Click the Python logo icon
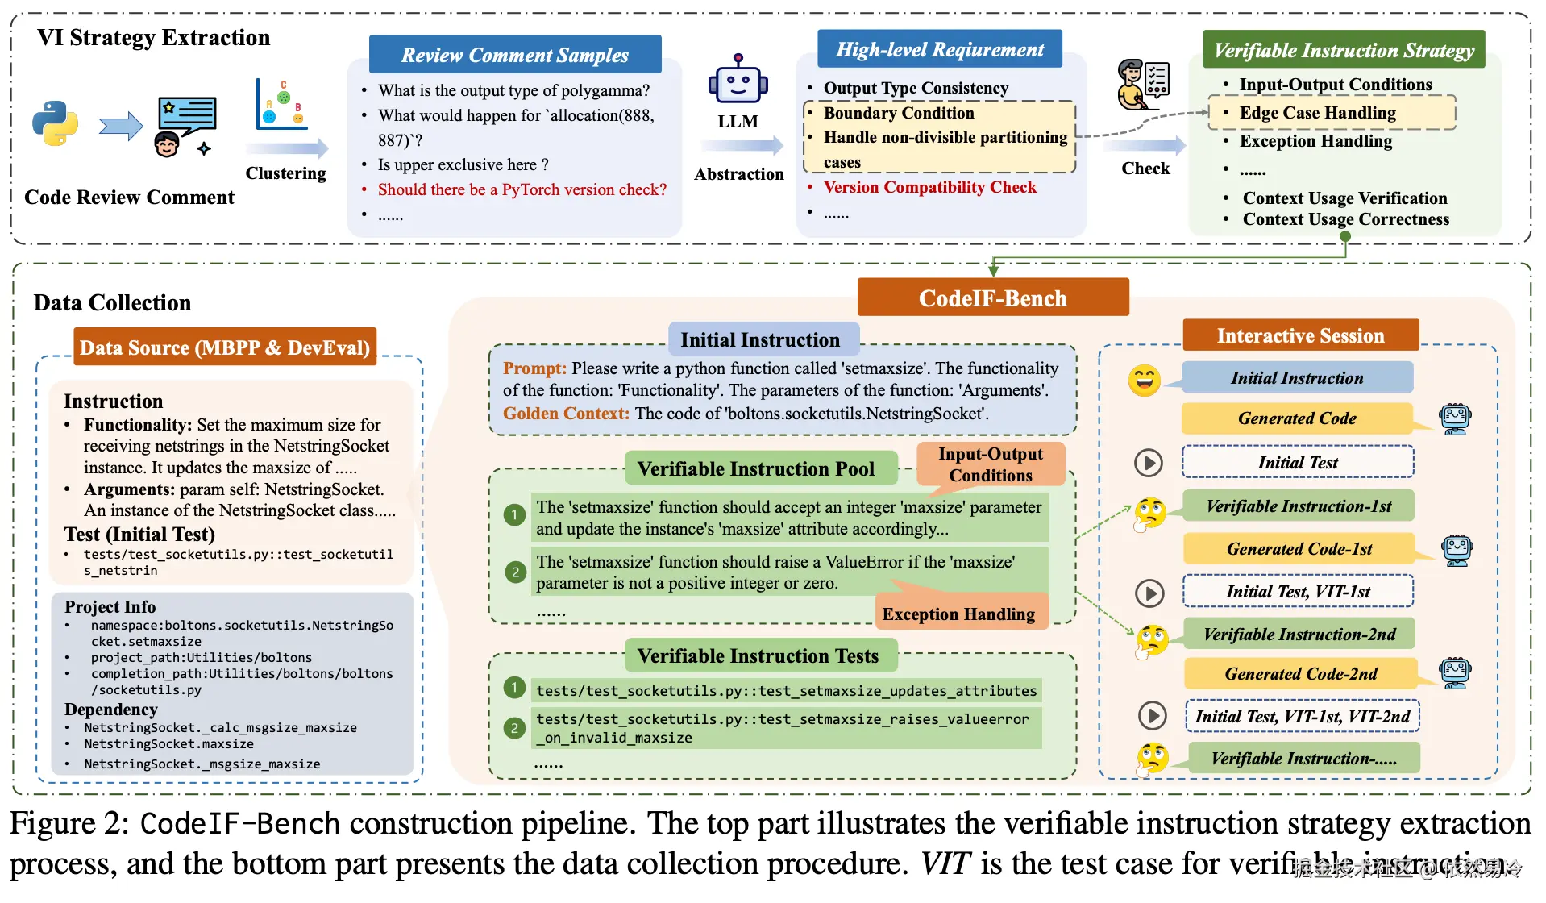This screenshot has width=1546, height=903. click(55, 123)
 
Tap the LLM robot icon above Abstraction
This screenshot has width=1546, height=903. click(738, 81)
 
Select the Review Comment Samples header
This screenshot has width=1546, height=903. click(514, 55)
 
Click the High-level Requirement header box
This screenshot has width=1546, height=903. click(939, 50)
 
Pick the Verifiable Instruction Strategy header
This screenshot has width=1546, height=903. click(1343, 51)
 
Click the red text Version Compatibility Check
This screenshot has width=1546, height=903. click(929, 188)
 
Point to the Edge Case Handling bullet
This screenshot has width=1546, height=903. click(1317, 113)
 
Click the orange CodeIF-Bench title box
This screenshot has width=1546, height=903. click(992, 298)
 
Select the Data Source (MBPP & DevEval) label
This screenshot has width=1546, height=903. click(225, 347)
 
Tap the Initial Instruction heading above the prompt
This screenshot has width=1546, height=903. click(759, 340)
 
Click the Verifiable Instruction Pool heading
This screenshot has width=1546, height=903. click(755, 469)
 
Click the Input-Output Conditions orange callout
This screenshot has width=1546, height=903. click(990, 464)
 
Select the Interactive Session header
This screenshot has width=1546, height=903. click(1299, 336)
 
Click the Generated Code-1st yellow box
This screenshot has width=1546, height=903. click(1299, 549)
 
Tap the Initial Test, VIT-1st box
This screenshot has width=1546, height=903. click(1297, 592)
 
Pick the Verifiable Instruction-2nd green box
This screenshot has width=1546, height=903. click(1299, 635)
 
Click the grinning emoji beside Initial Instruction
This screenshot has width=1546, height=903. click(1144, 380)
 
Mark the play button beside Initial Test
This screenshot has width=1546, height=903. click(1148, 463)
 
